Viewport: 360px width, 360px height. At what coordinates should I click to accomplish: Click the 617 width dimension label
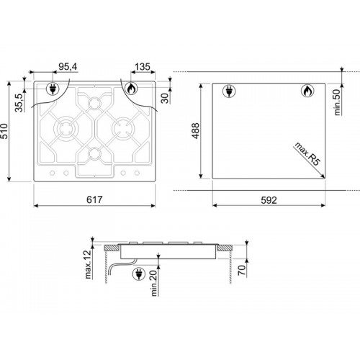94,199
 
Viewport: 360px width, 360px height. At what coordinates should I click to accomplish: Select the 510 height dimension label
5,131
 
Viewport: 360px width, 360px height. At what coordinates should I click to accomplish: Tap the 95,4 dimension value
68,67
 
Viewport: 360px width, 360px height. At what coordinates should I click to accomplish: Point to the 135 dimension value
143,67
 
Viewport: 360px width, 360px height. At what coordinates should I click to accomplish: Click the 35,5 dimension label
19,103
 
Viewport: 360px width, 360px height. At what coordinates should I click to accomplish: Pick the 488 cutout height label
196,131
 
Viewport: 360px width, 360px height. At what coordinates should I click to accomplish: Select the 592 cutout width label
269,200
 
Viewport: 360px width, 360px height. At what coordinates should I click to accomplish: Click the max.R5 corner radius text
307,154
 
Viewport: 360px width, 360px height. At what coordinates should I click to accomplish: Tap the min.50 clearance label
338,102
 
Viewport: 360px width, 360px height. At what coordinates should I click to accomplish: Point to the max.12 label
89,264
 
